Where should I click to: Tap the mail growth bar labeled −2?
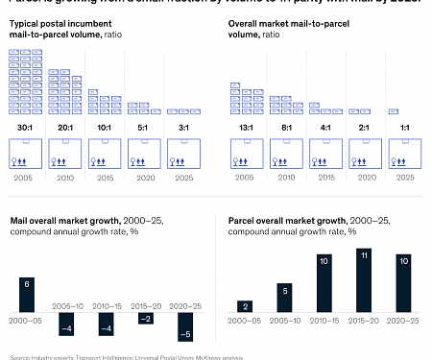[x=145, y=318]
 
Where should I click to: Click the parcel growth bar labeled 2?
[x=246, y=304]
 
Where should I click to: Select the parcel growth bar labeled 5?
[x=285, y=297]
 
